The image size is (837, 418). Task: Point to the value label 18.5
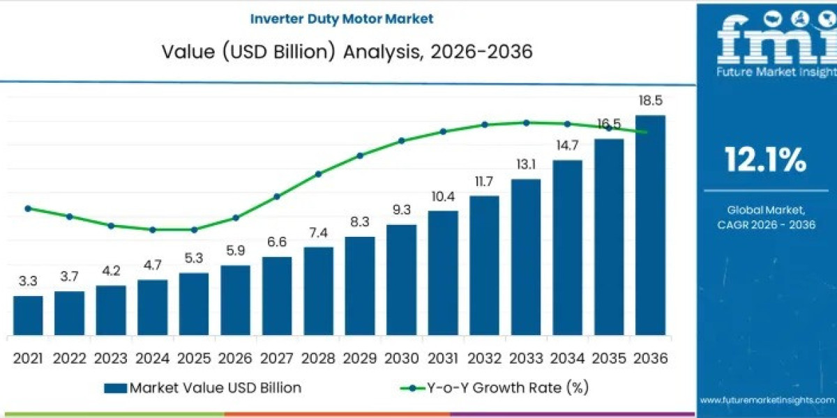(650, 102)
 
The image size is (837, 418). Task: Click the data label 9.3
(401, 209)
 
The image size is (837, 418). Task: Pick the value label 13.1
(525, 164)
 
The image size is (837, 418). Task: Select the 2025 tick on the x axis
(194, 358)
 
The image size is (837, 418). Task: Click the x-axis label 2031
(443, 358)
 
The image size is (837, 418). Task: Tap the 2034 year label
(567, 358)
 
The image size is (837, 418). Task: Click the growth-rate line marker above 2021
(28, 208)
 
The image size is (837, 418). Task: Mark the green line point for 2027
(277, 196)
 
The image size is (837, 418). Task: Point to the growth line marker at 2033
(526, 123)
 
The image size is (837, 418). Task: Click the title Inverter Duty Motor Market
(342, 19)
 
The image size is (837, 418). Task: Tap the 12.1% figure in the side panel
(765, 160)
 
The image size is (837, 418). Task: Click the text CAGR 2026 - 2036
(766, 224)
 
